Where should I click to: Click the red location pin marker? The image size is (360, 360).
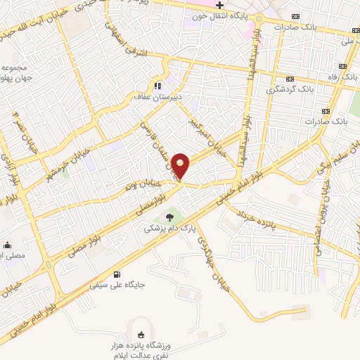[x=181, y=166]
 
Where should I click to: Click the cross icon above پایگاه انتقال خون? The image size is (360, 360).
[x=220, y=5]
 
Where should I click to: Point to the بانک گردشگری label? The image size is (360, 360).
[x=290, y=89]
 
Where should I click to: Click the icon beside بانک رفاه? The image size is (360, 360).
[x=290, y=78]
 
